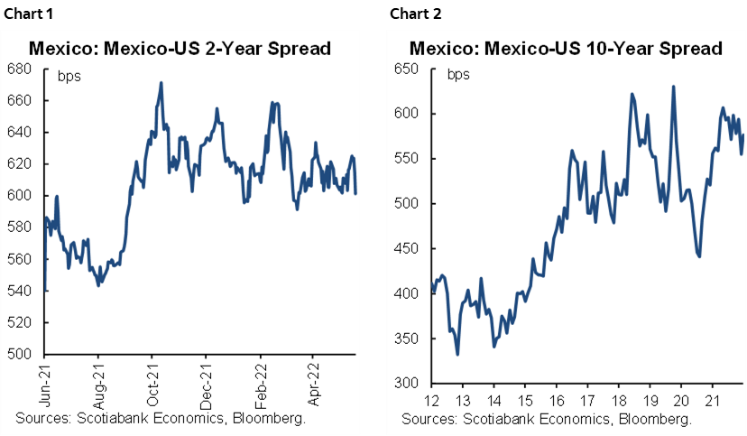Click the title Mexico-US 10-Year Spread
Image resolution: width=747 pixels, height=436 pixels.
pos(566,48)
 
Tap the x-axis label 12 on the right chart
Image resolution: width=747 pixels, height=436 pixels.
pos(432,398)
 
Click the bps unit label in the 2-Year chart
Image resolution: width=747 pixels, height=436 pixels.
pos(69,76)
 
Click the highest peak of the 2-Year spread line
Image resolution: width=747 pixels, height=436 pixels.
pos(161,83)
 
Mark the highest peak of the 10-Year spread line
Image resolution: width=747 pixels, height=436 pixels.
pos(674,87)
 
